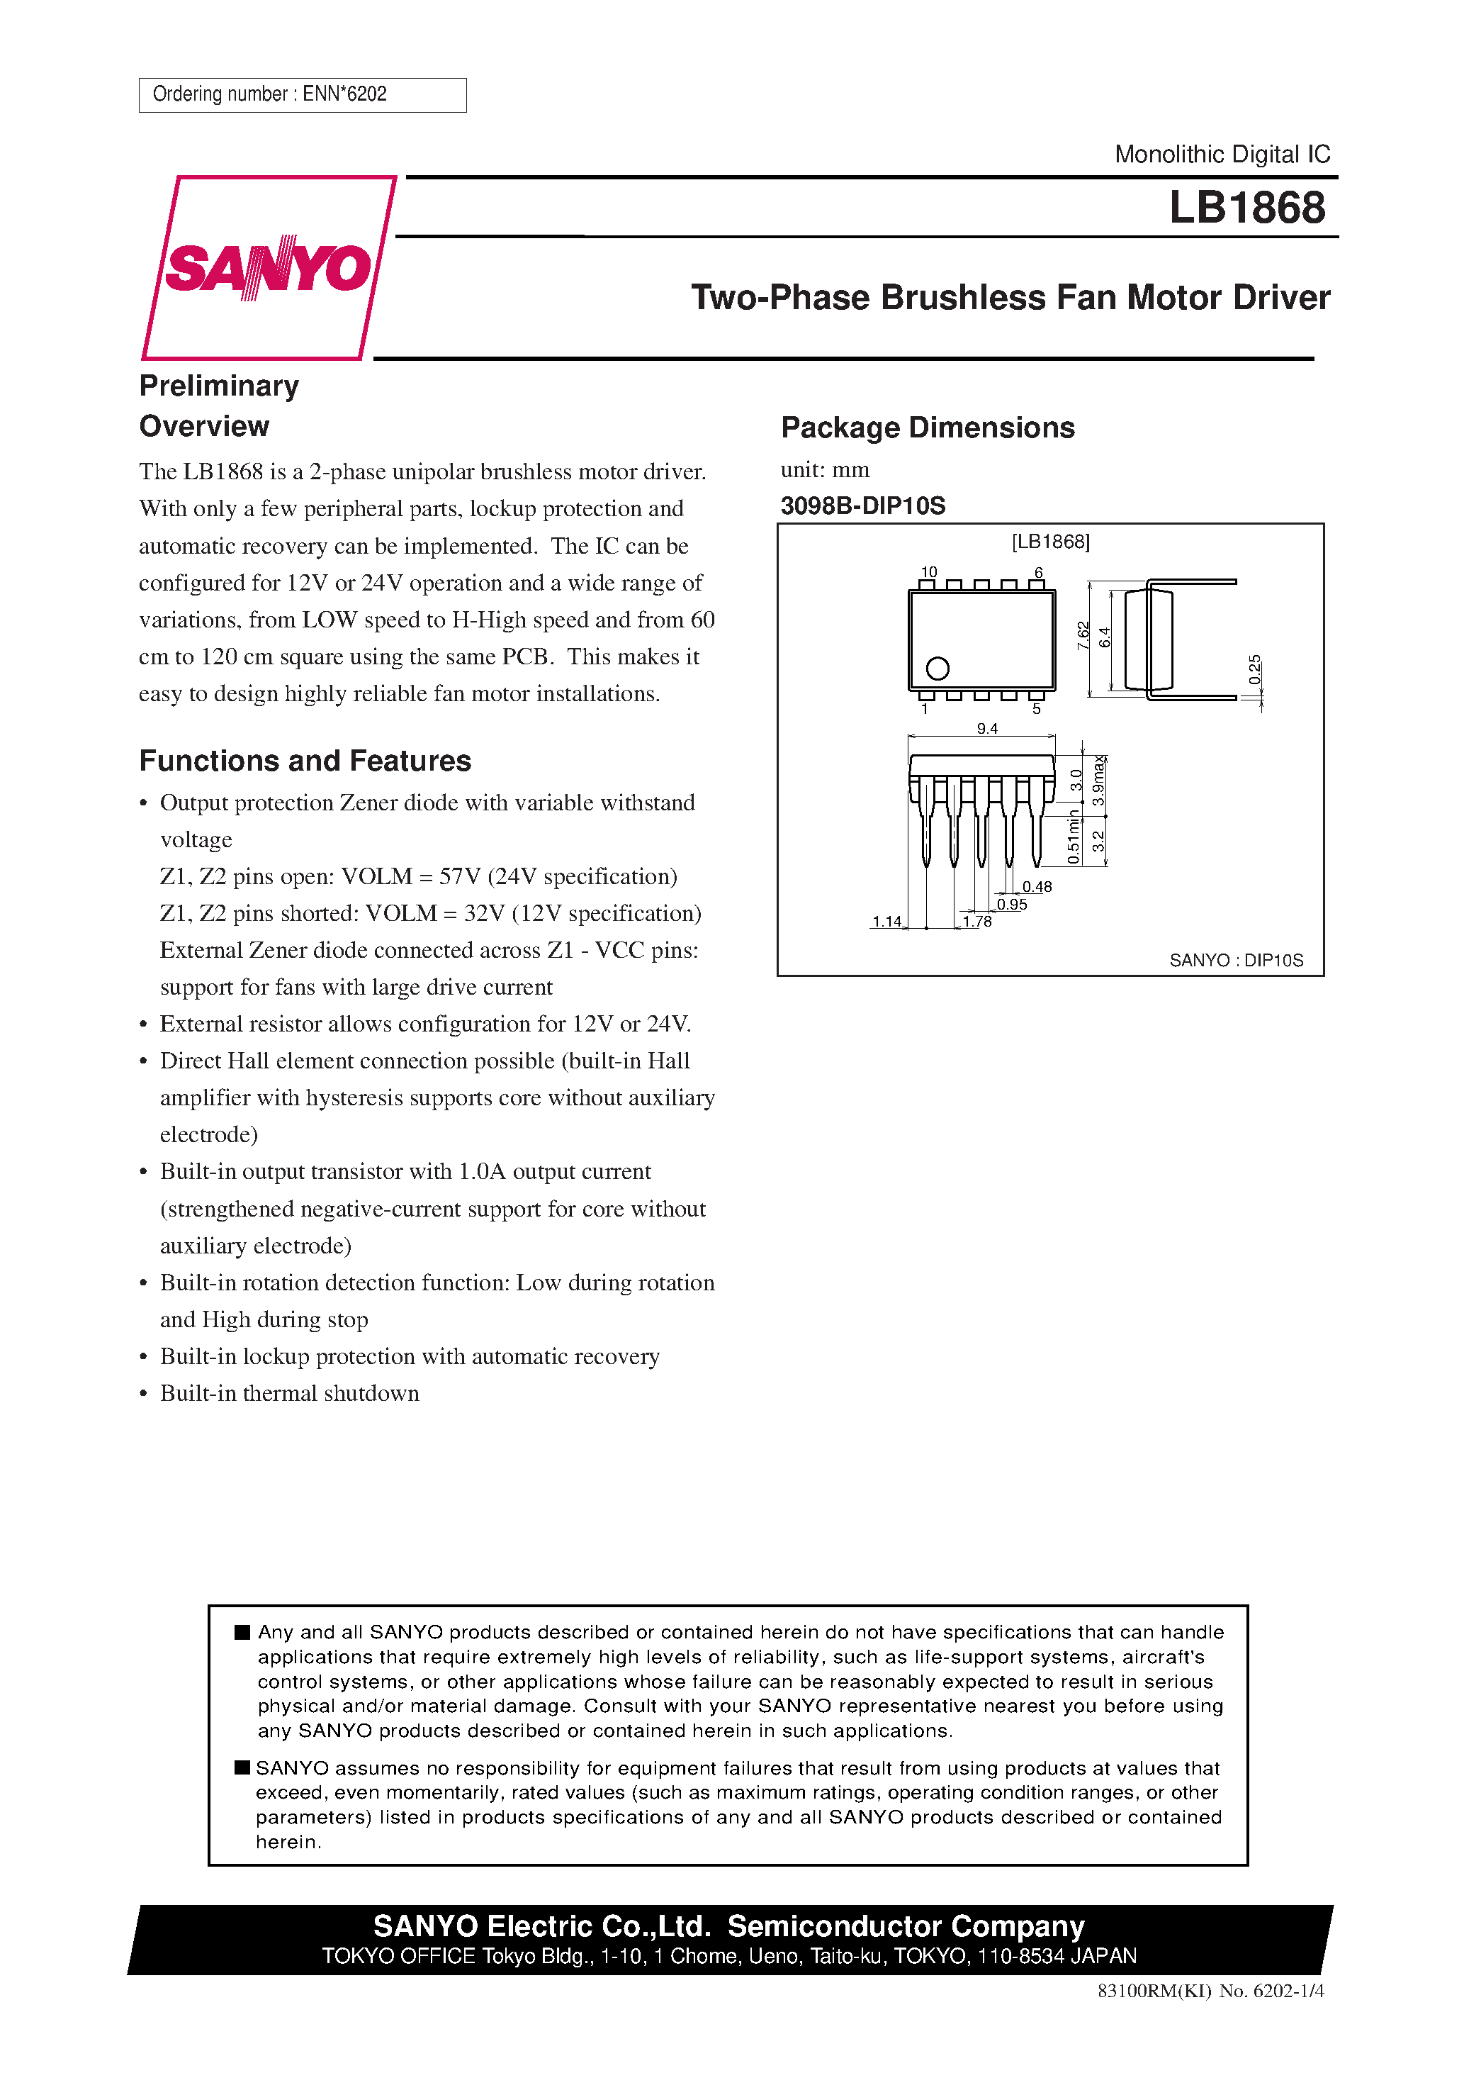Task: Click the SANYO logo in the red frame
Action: (267, 267)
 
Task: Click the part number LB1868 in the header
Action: (1246, 208)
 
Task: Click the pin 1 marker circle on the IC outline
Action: (937, 668)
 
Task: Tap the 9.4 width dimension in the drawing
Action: (986, 729)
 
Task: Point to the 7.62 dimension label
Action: (1083, 636)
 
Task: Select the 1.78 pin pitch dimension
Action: (976, 921)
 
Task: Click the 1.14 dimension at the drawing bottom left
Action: (886, 921)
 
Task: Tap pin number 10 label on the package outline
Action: (928, 571)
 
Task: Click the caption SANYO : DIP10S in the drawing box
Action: (1236, 960)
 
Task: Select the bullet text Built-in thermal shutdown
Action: (289, 1393)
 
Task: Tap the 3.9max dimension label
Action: (1098, 782)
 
